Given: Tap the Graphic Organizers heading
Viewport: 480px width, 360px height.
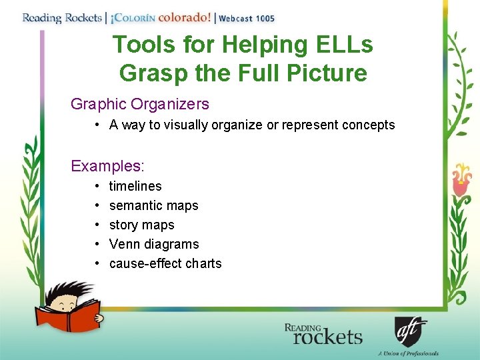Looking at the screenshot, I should [140, 104].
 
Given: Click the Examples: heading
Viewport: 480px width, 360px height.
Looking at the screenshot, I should [107, 165].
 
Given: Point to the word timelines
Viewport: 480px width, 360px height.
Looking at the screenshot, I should [135, 186].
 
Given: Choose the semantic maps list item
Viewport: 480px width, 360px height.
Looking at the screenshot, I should [154, 205].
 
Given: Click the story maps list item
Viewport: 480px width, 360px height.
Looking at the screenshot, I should [141, 225].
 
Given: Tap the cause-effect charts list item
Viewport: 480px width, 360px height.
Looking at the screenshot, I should [165, 263].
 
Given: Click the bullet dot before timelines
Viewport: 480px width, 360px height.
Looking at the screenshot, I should [97, 186].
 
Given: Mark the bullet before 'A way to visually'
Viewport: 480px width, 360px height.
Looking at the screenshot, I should [97, 125].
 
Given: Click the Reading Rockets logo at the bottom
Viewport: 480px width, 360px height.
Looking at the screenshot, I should [323, 334].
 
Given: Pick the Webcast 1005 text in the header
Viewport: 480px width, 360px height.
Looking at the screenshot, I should [247, 18].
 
